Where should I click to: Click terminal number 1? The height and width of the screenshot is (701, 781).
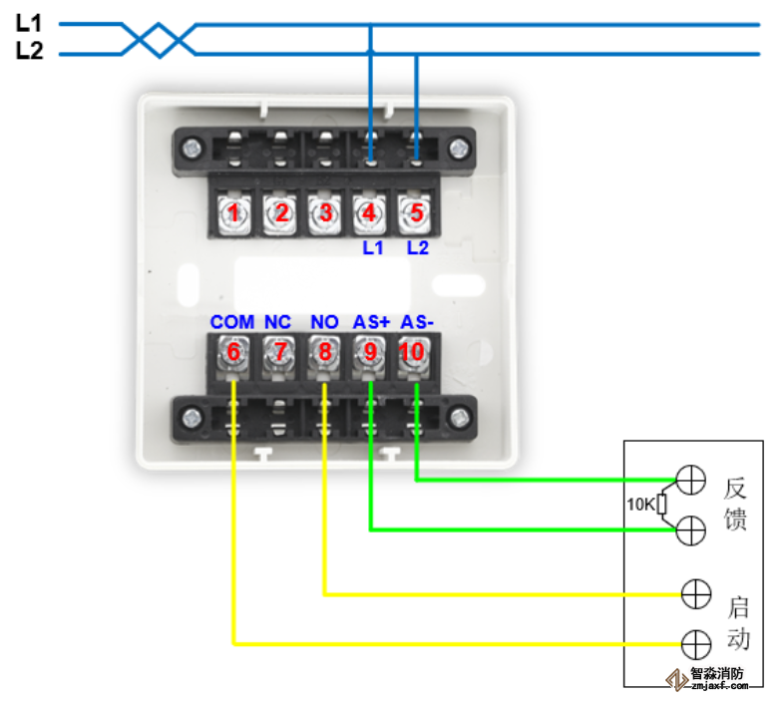(234, 212)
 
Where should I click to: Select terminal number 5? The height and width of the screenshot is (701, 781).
(413, 212)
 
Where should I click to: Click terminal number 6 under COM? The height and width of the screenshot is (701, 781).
(234, 352)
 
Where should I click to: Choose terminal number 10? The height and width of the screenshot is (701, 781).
(413, 352)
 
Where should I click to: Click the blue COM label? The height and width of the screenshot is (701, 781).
(231, 323)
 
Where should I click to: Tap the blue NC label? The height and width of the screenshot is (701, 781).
(277, 323)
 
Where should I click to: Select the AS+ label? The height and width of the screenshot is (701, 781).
(370, 323)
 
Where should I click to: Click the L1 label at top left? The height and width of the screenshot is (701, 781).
(30, 22)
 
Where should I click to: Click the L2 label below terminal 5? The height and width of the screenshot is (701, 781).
(417, 248)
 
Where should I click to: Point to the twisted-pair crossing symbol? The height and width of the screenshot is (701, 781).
(158, 39)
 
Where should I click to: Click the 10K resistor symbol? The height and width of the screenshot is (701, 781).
(661, 505)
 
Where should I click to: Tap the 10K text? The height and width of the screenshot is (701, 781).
(639, 505)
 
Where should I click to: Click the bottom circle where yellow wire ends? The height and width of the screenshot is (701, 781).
(695, 643)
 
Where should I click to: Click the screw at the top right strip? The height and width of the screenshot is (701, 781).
(458, 150)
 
